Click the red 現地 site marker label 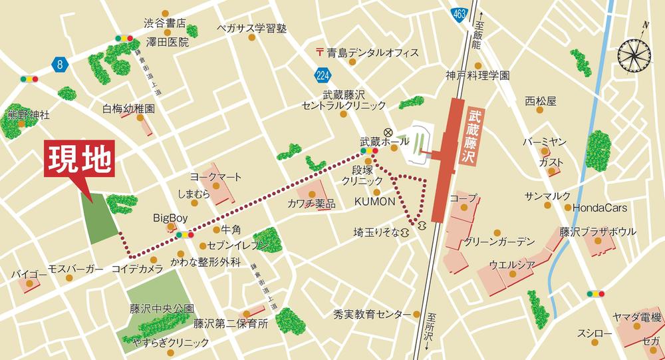tap(79, 160)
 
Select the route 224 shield tap(324, 74)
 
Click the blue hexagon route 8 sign tap(60, 64)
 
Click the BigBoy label tap(171, 218)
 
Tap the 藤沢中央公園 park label tap(162, 309)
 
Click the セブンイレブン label tap(238, 246)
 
